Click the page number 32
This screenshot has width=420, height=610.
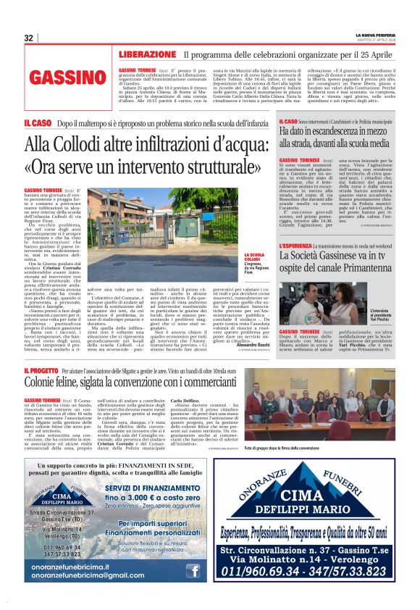pos(29,38)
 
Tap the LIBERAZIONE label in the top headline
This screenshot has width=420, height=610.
pos(147,54)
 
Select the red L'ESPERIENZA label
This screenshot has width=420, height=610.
pos(297,246)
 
